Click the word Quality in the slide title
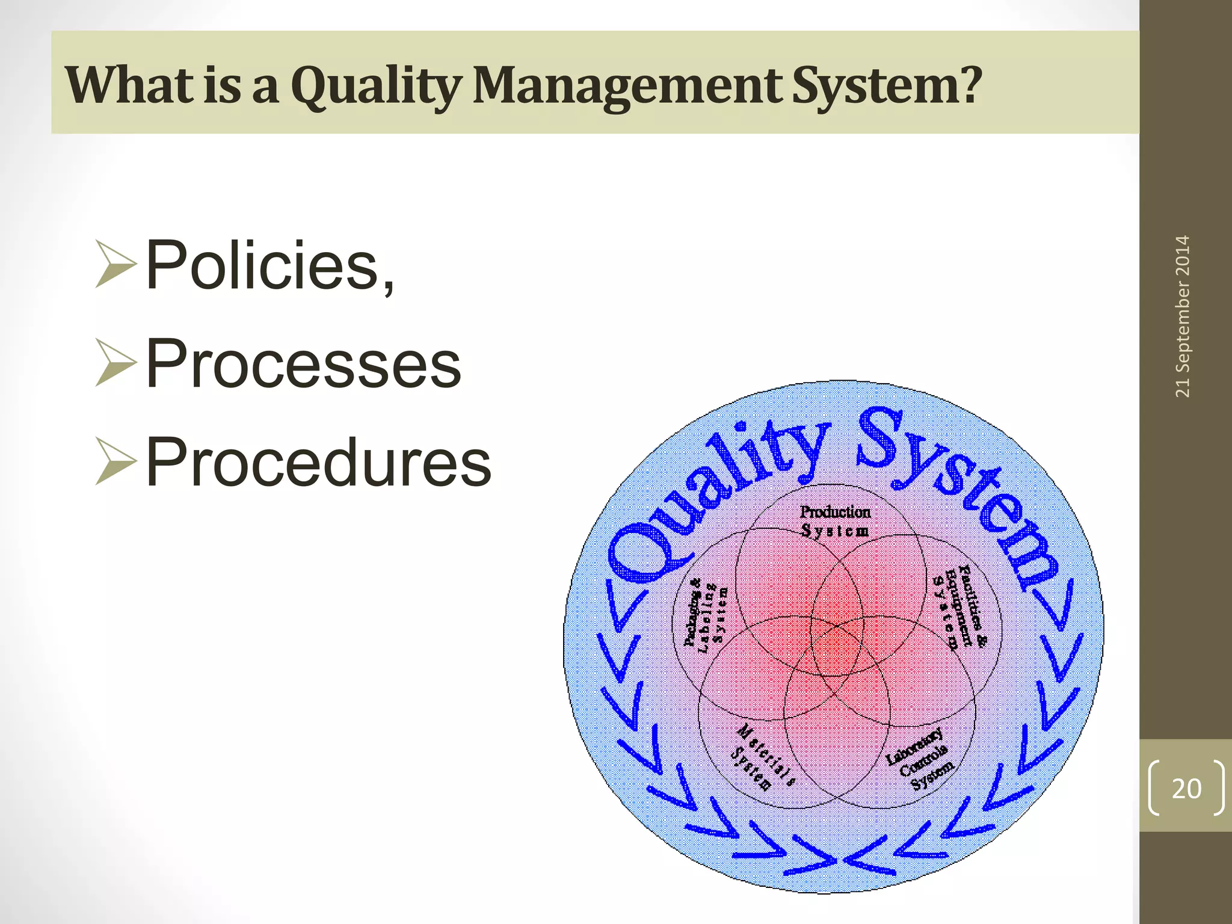click(377, 85)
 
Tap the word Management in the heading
click(627, 85)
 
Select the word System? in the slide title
click(885, 85)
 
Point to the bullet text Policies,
click(269, 265)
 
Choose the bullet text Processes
click(303, 363)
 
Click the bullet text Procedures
click(318, 462)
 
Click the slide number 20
click(1186, 788)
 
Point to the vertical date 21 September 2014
click(1183, 316)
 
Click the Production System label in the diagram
click(835, 521)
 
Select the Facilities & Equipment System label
click(960, 608)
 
